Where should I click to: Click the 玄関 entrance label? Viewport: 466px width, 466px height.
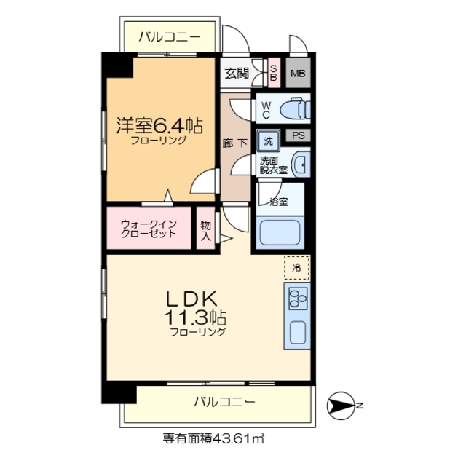pos(237,73)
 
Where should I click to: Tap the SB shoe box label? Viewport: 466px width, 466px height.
pos(274,73)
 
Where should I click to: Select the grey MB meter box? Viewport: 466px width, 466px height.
pos(298,74)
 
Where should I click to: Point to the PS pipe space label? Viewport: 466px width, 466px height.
pos(298,135)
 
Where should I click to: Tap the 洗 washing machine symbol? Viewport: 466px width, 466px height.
pos(268,139)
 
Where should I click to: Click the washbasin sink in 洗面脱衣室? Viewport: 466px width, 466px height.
pos(301,165)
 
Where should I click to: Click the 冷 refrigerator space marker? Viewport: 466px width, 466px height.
pos(296,268)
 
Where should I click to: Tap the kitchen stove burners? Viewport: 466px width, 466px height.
pos(298,298)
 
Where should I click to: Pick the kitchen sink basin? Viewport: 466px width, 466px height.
pos(299,331)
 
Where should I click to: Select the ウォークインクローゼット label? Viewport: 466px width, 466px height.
pos(149,229)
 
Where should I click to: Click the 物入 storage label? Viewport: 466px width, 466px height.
pos(206,230)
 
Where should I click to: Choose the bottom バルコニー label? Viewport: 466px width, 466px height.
pos(224,401)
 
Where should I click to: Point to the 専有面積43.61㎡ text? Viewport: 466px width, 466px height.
pos(213,439)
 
